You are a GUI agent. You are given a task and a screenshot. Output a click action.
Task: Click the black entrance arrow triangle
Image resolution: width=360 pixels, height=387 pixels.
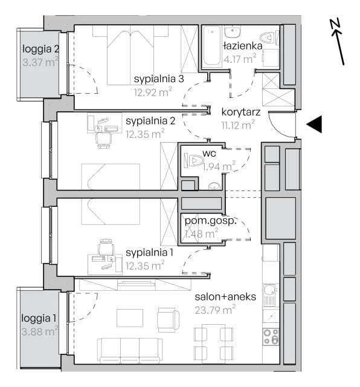[316, 124]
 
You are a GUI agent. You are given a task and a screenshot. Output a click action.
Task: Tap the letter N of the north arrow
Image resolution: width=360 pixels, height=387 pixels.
[336, 25]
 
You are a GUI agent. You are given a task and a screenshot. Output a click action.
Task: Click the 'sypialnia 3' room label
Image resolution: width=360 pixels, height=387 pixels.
[159, 79]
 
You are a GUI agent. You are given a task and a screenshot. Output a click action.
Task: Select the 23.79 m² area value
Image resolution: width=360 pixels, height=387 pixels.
[215, 310]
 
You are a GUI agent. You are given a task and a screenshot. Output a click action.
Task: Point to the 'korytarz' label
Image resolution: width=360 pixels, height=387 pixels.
[241, 112]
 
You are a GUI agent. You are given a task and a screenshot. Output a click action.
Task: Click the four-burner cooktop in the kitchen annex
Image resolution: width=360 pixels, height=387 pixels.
[271, 336]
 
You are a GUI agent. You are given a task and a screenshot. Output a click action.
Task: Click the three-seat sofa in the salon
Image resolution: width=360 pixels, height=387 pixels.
[130, 351]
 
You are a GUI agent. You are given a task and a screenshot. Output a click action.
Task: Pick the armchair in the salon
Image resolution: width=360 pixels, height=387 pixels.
[169, 320]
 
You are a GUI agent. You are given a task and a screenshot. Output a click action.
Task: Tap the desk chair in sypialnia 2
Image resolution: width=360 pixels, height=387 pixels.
[104, 140]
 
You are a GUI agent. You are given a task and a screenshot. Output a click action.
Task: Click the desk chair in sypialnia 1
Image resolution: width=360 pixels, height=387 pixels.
[106, 247]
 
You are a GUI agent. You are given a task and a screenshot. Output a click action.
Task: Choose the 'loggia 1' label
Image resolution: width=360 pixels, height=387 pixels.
[39, 318]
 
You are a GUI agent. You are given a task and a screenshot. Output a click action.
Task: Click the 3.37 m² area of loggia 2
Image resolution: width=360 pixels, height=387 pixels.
[40, 62]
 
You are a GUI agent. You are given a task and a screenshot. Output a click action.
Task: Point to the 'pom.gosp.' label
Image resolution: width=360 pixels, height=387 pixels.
[211, 221]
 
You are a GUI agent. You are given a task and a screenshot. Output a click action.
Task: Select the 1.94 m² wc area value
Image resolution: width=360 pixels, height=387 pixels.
[219, 166]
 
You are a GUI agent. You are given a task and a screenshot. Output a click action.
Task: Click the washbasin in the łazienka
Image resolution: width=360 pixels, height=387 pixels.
[233, 31]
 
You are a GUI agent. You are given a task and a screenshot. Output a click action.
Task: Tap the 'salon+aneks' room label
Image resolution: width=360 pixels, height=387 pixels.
[225, 297]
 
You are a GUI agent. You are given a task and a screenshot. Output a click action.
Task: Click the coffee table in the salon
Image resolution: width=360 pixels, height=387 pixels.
[130, 317]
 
